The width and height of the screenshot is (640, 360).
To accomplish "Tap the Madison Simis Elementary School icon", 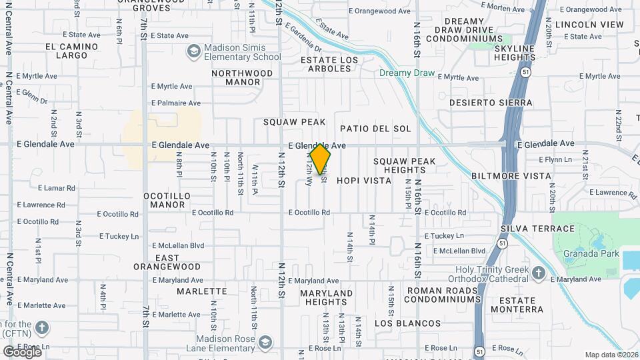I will (x=193, y=52).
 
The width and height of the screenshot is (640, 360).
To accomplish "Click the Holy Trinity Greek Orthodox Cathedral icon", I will (x=539, y=273).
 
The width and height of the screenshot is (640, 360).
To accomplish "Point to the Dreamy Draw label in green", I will (x=407, y=73).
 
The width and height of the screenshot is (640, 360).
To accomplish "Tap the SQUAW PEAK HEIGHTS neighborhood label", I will (x=404, y=165).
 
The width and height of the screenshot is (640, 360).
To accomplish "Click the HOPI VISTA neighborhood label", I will (x=363, y=181).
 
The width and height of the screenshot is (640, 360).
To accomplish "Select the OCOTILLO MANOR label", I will (x=167, y=200).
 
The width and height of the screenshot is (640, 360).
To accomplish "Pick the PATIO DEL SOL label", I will (x=375, y=128).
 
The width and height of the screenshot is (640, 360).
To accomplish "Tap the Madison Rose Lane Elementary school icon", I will (x=265, y=343).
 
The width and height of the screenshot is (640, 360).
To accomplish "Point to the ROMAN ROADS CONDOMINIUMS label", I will (x=443, y=295).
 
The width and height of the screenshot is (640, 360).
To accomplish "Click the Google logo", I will (x=23, y=351).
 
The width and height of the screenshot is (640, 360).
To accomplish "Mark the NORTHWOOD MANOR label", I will (x=243, y=77).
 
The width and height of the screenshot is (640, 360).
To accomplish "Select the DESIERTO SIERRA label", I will (x=491, y=103).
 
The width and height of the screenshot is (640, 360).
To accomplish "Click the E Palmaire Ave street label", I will (x=176, y=103).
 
